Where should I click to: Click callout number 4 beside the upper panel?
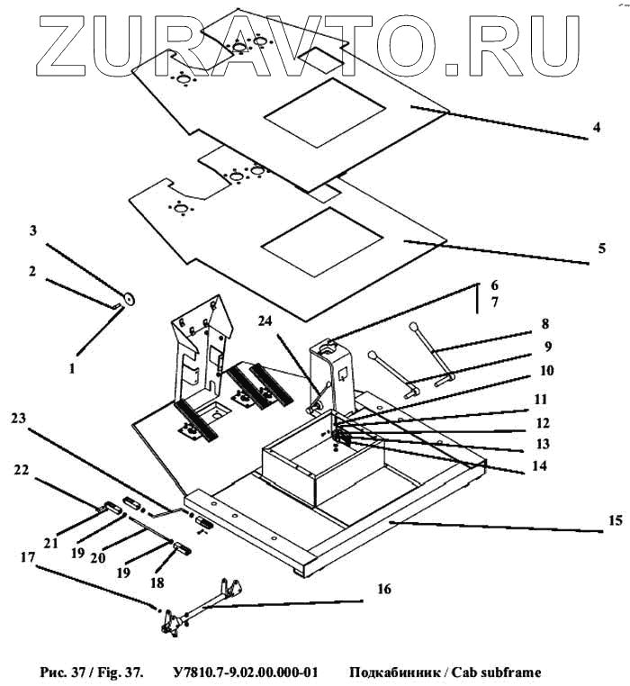pos(596,127)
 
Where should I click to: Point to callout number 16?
pos(384,590)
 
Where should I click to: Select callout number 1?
pos(73,367)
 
